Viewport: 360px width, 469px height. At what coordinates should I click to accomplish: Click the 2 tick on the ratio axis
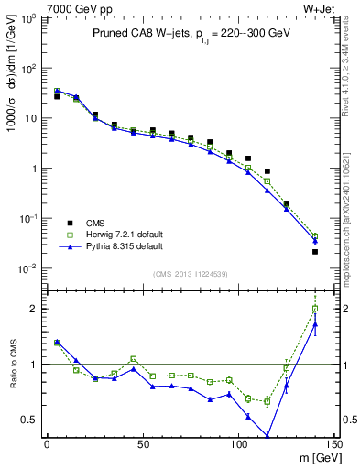click(x=33, y=309)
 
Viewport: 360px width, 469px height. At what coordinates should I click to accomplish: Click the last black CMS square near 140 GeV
click(x=315, y=252)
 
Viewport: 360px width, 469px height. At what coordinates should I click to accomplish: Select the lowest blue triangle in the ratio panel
click(x=267, y=436)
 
